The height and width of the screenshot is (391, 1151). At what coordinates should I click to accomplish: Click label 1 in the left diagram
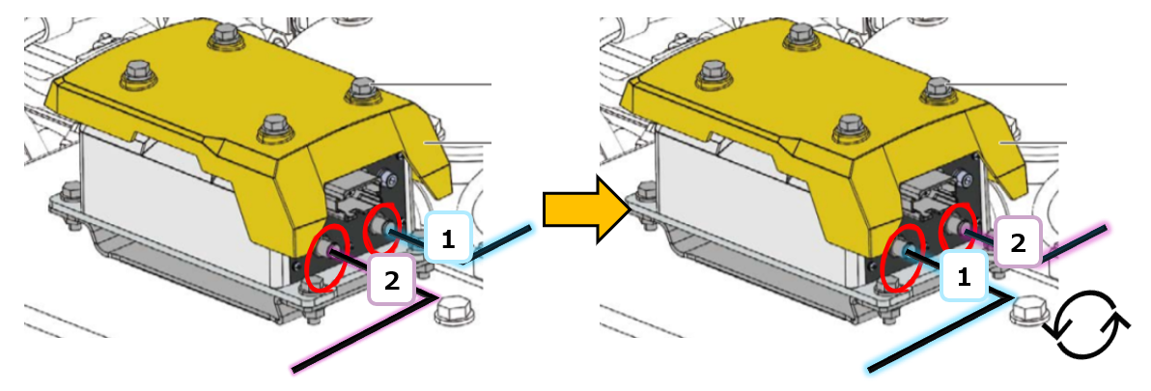click(x=450, y=237)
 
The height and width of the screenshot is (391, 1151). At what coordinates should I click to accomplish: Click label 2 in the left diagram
click(x=393, y=280)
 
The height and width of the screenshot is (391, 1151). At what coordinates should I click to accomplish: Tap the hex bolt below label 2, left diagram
click(x=453, y=312)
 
